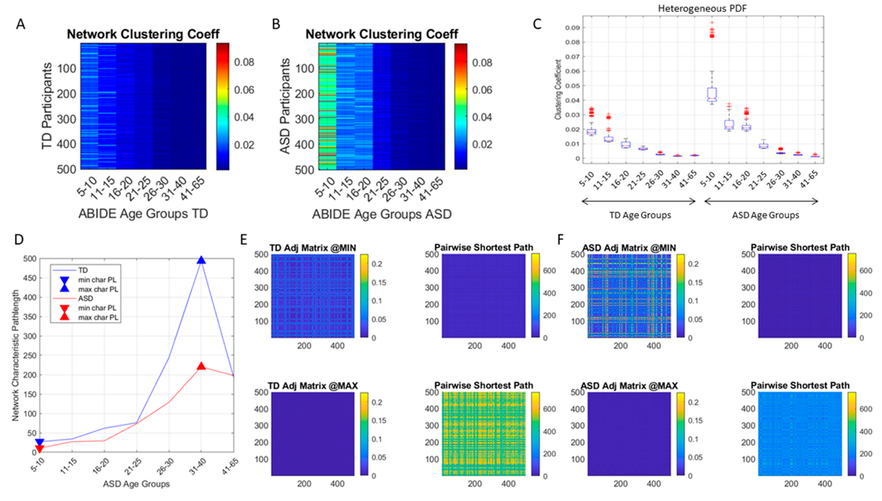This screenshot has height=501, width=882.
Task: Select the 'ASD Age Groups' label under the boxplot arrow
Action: coord(765,215)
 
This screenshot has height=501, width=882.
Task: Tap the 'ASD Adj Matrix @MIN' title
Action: coord(629,248)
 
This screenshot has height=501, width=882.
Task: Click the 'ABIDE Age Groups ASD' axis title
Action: coord(382,214)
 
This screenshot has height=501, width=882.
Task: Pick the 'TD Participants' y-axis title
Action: coord(47,106)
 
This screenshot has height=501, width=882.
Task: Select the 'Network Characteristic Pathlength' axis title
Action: coord(15,355)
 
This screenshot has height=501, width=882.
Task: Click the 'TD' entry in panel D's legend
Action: coord(83,270)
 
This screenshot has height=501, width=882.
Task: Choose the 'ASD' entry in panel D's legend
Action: coord(85,298)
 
